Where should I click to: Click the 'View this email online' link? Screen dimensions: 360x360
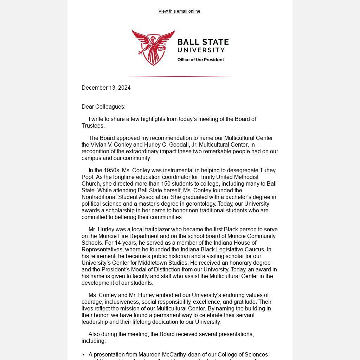179,11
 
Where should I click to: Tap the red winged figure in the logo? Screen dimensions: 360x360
153,47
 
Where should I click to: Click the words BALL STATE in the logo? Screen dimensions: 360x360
203,43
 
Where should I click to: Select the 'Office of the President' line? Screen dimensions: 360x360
200,60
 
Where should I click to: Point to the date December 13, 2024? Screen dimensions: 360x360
106,88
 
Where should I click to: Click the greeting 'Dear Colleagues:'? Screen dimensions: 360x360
103,107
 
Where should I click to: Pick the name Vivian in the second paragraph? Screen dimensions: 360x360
99,145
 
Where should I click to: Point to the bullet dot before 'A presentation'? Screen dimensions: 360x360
84,355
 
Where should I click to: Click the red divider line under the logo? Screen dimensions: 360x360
180,76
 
